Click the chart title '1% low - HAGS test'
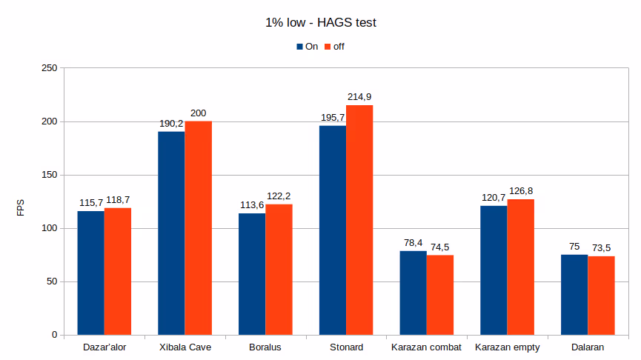click(x=320, y=23)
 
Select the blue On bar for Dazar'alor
click(x=91, y=273)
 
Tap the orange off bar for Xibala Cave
click(x=199, y=227)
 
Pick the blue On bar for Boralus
click(x=252, y=273)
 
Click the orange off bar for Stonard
click(x=359, y=220)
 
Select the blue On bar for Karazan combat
click(x=413, y=293)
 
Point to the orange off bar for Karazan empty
click(x=521, y=267)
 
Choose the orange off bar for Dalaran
click(x=601, y=296)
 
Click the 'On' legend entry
click(x=307, y=47)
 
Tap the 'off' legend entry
click(x=334, y=47)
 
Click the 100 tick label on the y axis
click(x=49, y=228)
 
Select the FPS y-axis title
click(x=21, y=207)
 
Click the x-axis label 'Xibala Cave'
click(x=185, y=347)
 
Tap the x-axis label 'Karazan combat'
click(x=426, y=347)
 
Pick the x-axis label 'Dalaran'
click(x=588, y=347)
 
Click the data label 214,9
click(x=360, y=97)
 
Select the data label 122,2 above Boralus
click(x=279, y=196)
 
